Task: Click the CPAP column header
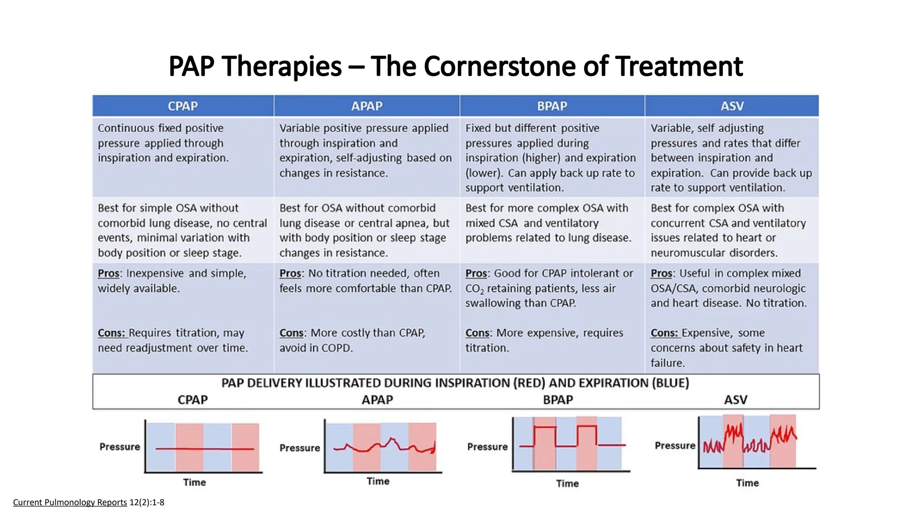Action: [x=183, y=106]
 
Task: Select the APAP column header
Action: [x=366, y=106]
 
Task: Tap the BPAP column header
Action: [x=552, y=106]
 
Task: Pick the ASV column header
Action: [x=732, y=106]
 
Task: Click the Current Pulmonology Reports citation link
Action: [x=70, y=502]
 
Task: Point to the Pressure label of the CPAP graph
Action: [x=119, y=447]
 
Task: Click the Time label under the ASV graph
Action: [x=747, y=483]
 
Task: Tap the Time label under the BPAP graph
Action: [x=567, y=483]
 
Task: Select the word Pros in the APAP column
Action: [x=290, y=273]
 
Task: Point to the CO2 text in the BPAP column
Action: [x=474, y=289]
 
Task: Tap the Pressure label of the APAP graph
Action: [x=300, y=448]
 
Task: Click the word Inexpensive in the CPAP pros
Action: [x=155, y=273]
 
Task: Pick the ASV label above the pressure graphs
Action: [x=736, y=399]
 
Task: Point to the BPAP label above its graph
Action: [x=558, y=399]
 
